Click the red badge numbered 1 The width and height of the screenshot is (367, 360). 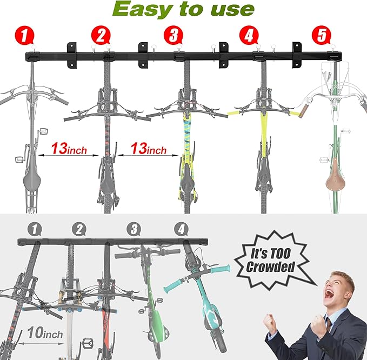(x=24, y=36)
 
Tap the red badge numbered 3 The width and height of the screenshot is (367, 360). (x=173, y=35)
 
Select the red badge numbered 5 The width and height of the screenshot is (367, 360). (x=322, y=35)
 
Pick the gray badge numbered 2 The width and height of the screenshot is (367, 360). (x=79, y=229)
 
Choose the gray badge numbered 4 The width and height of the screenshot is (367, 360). (x=181, y=229)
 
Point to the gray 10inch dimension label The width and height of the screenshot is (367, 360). (x=45, y=332)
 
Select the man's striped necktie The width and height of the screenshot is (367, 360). (x=329, y=324)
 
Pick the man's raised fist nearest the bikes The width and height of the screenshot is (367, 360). (x=271, y=321)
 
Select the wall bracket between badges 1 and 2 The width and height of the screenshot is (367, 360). (x=72, y=55)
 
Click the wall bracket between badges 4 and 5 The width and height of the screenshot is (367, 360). (x=297, y=55)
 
